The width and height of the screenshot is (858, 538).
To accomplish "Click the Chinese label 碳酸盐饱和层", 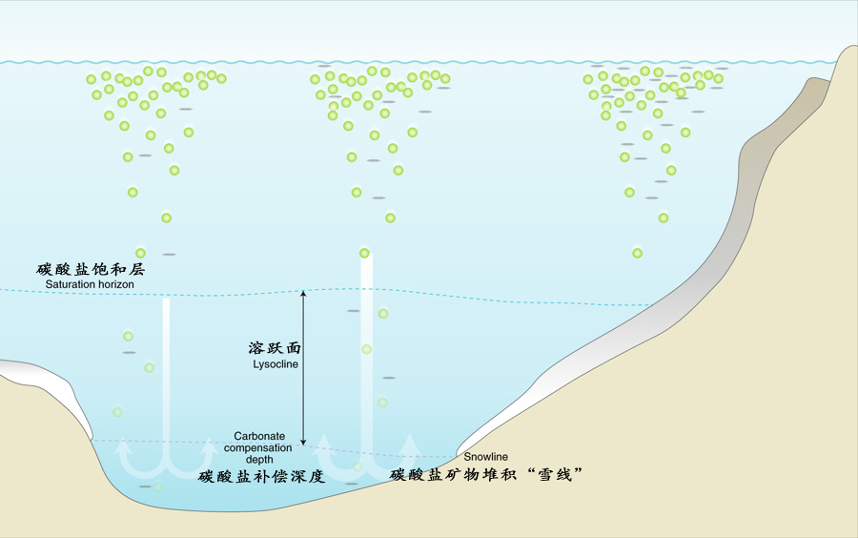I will [x=91, y=270].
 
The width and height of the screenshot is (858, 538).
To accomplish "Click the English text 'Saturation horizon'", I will [x=90, y=284].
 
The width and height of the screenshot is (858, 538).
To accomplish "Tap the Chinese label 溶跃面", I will [x=275, y=349].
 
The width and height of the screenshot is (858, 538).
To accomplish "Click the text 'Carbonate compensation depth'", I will [x=259, y=447].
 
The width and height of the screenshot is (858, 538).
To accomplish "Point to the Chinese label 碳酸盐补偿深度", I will [x=262, y=476].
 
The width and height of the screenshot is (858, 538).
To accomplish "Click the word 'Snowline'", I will [x=486, y=457].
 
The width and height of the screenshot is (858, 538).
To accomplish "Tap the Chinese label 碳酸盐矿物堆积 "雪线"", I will [x=486, y=474].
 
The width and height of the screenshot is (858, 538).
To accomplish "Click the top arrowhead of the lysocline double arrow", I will [x=304, y=295].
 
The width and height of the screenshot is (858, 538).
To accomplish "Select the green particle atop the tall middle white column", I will [x=364, y=253].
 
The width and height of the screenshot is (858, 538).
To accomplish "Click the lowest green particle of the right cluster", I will [x=638, y=253].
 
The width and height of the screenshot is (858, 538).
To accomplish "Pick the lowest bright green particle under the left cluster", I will [x=140, y=253].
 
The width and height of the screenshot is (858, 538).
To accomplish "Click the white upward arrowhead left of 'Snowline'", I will [x=411, y=441].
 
